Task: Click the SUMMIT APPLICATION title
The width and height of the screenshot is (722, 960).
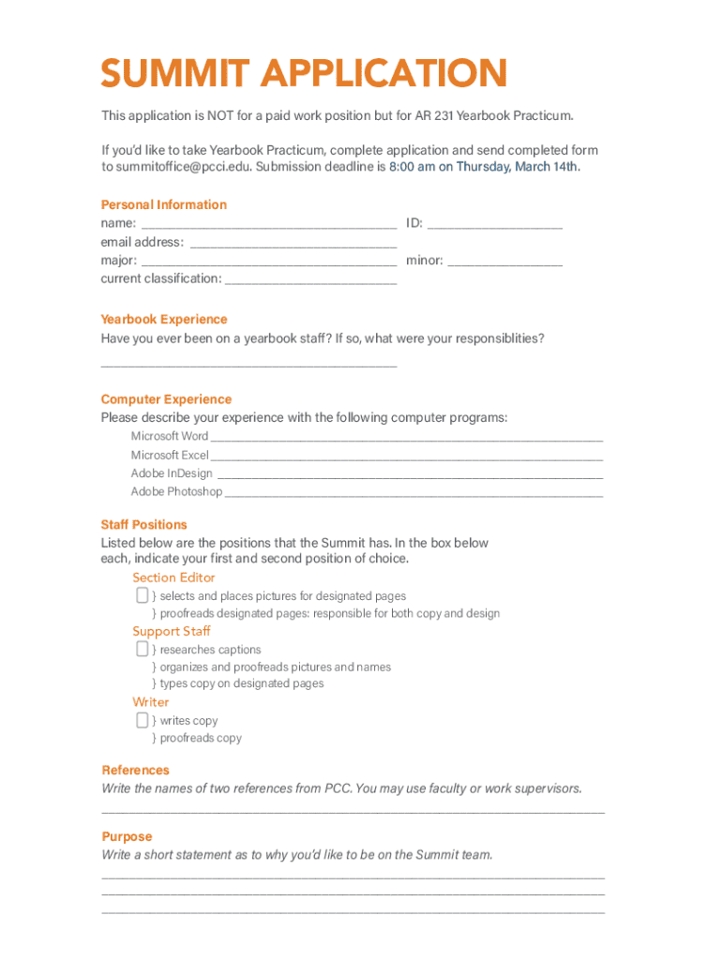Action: (304, 74)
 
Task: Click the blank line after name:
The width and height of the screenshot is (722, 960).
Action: (268, 225)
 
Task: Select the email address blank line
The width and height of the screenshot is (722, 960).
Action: (293, 244)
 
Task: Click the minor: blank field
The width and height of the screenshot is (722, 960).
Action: (505, 262)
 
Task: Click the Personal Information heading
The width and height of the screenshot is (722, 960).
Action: (163, 204)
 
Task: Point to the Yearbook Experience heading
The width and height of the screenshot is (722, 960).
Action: (163, 319)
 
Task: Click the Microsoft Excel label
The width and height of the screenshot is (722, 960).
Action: (170, 455)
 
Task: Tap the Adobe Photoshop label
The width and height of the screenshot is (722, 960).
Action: (176, 491)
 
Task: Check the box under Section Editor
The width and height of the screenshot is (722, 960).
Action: (142, 595)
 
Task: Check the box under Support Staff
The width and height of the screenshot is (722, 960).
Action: (142, 649)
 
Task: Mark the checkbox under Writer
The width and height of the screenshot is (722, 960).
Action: (142, 720)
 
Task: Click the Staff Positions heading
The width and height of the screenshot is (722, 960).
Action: (143, 524)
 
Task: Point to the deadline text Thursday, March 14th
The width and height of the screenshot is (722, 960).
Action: (519, 167)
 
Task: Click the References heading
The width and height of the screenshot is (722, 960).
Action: (135, 770)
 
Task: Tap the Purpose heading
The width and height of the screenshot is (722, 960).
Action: (126, 836)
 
